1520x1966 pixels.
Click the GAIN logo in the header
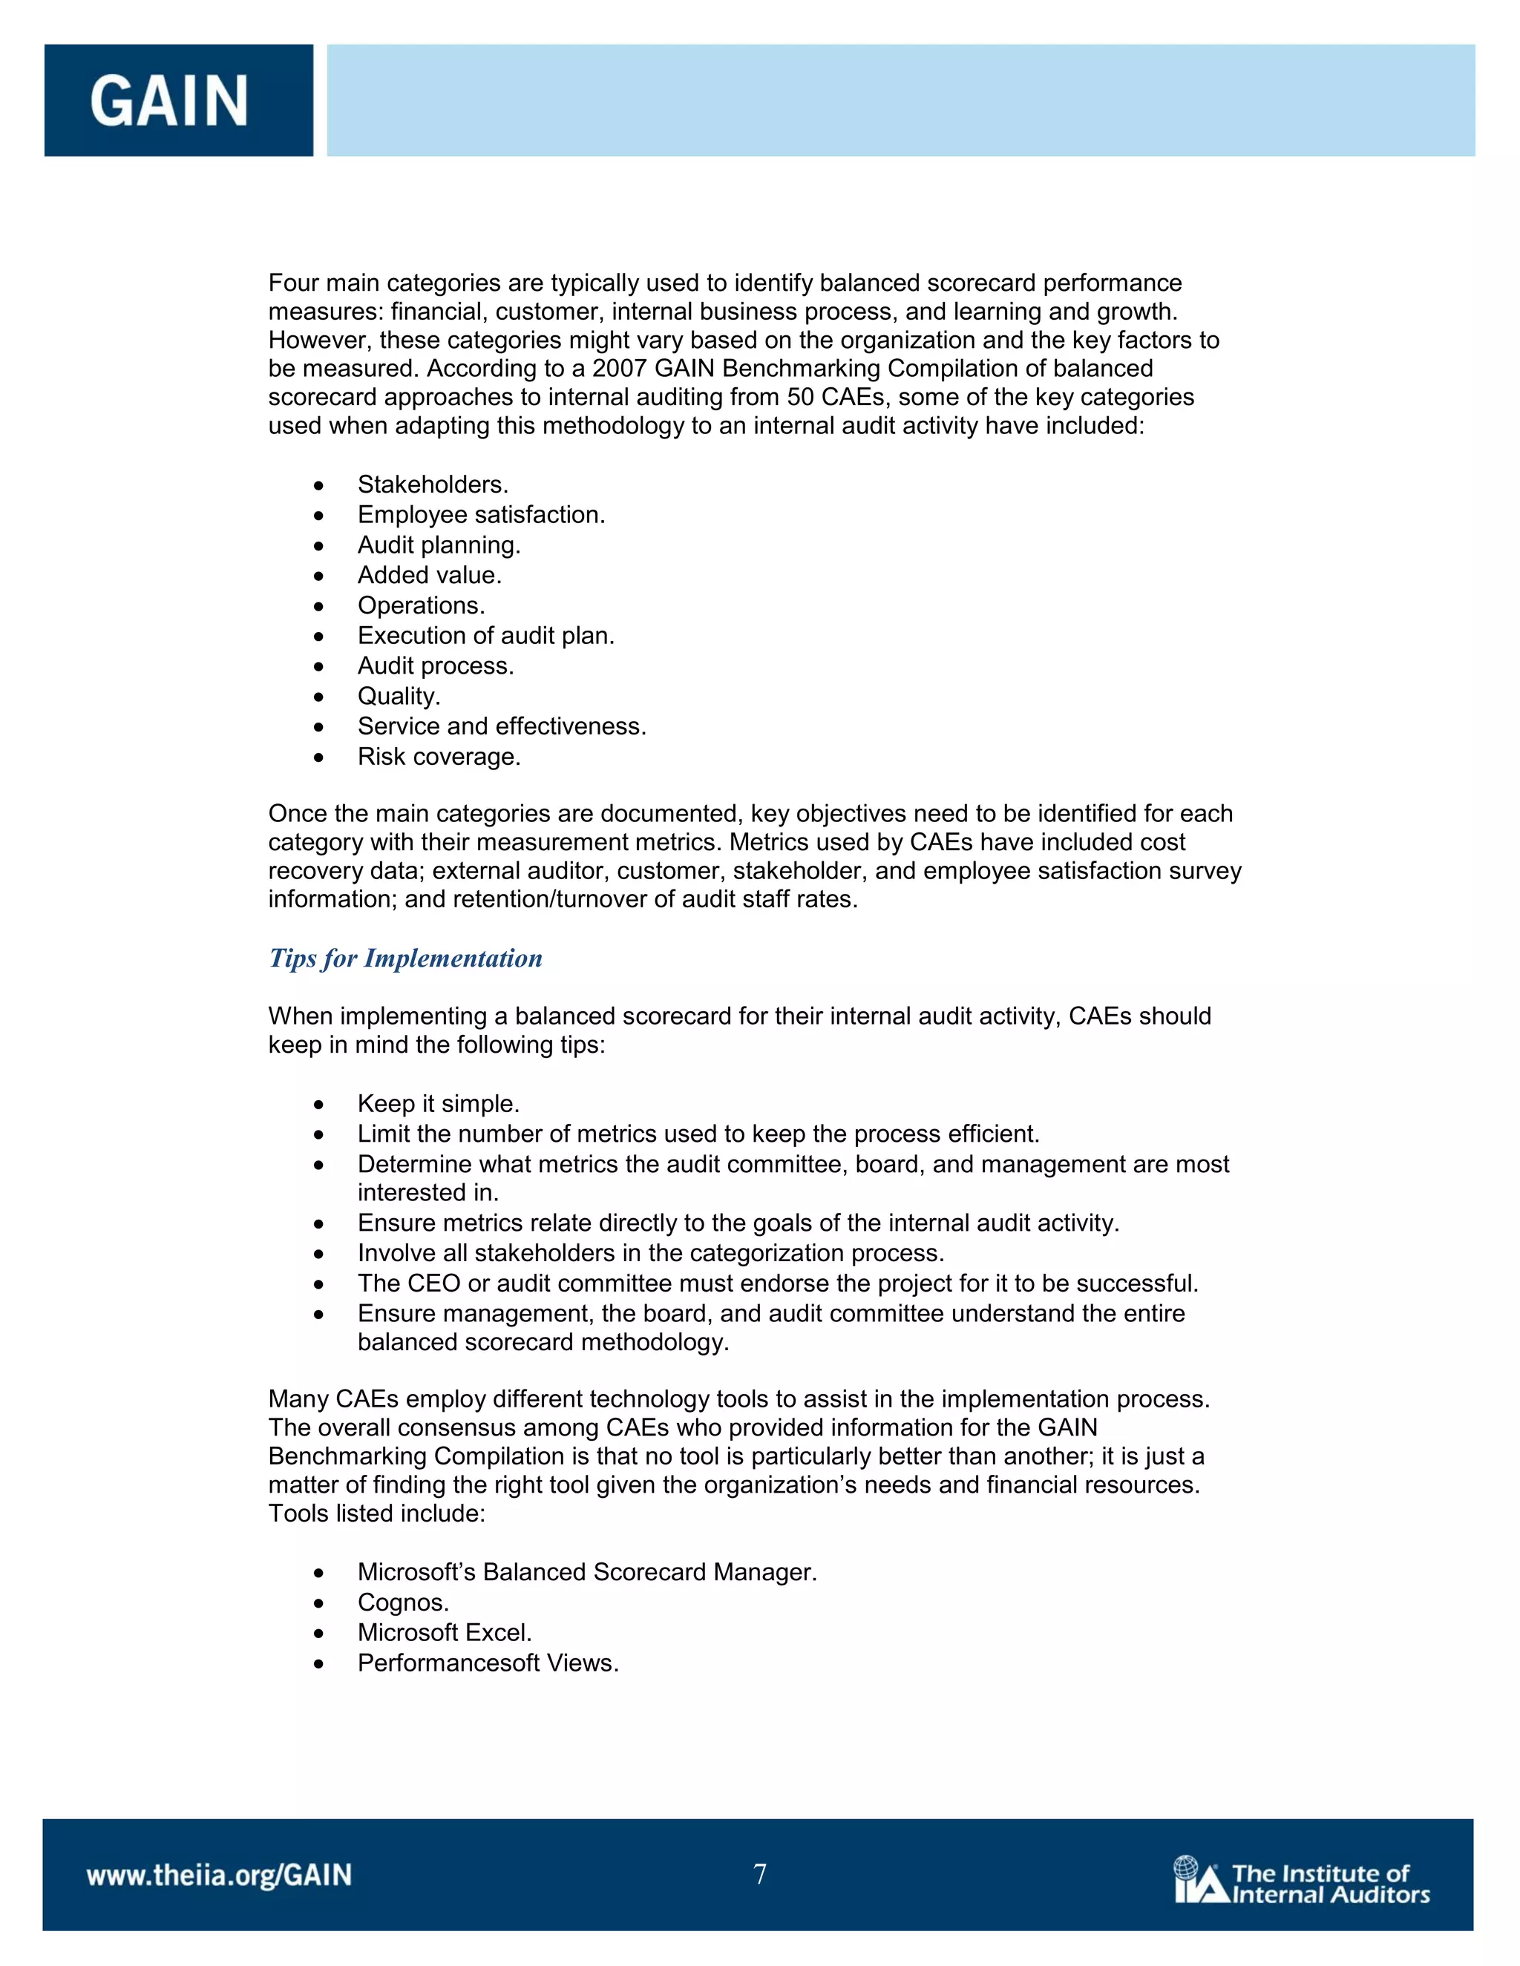pyautogui.click(x=169, y=100)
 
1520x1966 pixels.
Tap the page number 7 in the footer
pyautogui.click(x=760, y=1874)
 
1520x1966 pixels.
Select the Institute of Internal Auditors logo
pyautogui.click(x=1301, y=1881)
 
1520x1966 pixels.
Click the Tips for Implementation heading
pyautogui.click(x=405, y=958)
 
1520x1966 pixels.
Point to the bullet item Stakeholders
pyautogui.click(x=432, y=484)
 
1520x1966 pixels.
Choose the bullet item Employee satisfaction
pyautogui.click(x=481, y=515)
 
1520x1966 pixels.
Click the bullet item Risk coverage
pyautogui.click(x=439, y=756)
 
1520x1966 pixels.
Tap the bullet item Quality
pyautogui.click(x=399, y=696)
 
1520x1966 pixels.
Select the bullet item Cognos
pyautogui.click(x=402, y=1602)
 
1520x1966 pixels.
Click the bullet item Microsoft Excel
pyautogui.click(x=444, y=1632)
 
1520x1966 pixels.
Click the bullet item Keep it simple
pyautogui.click(x=438, y=1104)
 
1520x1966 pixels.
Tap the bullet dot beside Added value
pyautogui.click(x=318, y=576)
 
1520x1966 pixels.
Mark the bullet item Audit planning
pyautogui.click(x=439, y=545)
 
